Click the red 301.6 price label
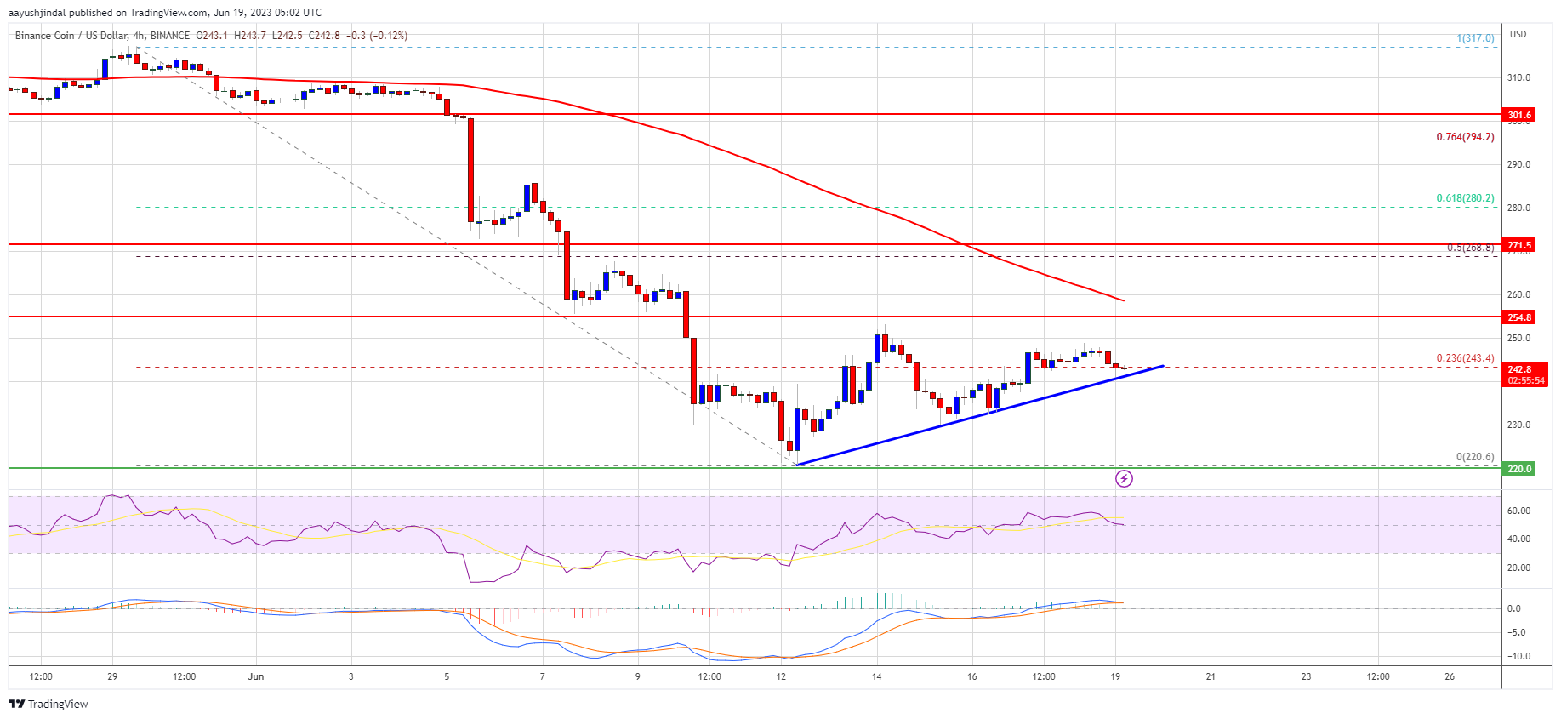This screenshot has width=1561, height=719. click(x=1518, y=115)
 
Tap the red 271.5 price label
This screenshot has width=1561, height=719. click(x=1518, y=245)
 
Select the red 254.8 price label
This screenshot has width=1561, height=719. click(x=1518, y=317)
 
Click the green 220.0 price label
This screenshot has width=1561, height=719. click(x=1518, y=469)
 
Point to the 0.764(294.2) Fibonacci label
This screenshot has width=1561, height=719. click(x=1465, y=137)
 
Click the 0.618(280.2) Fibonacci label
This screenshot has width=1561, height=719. click(x=1465, y=198)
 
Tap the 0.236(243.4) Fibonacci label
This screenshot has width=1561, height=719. click(x=1465, y=358)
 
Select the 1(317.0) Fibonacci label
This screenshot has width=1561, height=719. click(x=1475, y=38)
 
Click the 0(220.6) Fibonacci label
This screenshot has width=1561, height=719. click(x=1474, y=457)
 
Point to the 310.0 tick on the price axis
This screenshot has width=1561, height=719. click(x=1518, y=77)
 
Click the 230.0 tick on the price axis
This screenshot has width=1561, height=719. click(x=1518, y=425)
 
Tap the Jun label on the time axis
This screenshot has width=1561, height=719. click(x=256, y=677)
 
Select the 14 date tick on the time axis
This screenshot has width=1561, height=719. click(x=876, y=677)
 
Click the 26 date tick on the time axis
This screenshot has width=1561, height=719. click(x=1450, y=677)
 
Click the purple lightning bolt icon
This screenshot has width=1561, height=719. click(x=1124, y=479)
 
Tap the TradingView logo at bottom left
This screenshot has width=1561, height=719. click(x=48, y=704)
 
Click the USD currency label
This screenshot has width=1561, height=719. click(x=1518, y=35)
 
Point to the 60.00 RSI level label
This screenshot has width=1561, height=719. click(x=1518, y=511)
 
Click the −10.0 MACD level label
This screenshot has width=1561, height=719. click(x=1518, y=656)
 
